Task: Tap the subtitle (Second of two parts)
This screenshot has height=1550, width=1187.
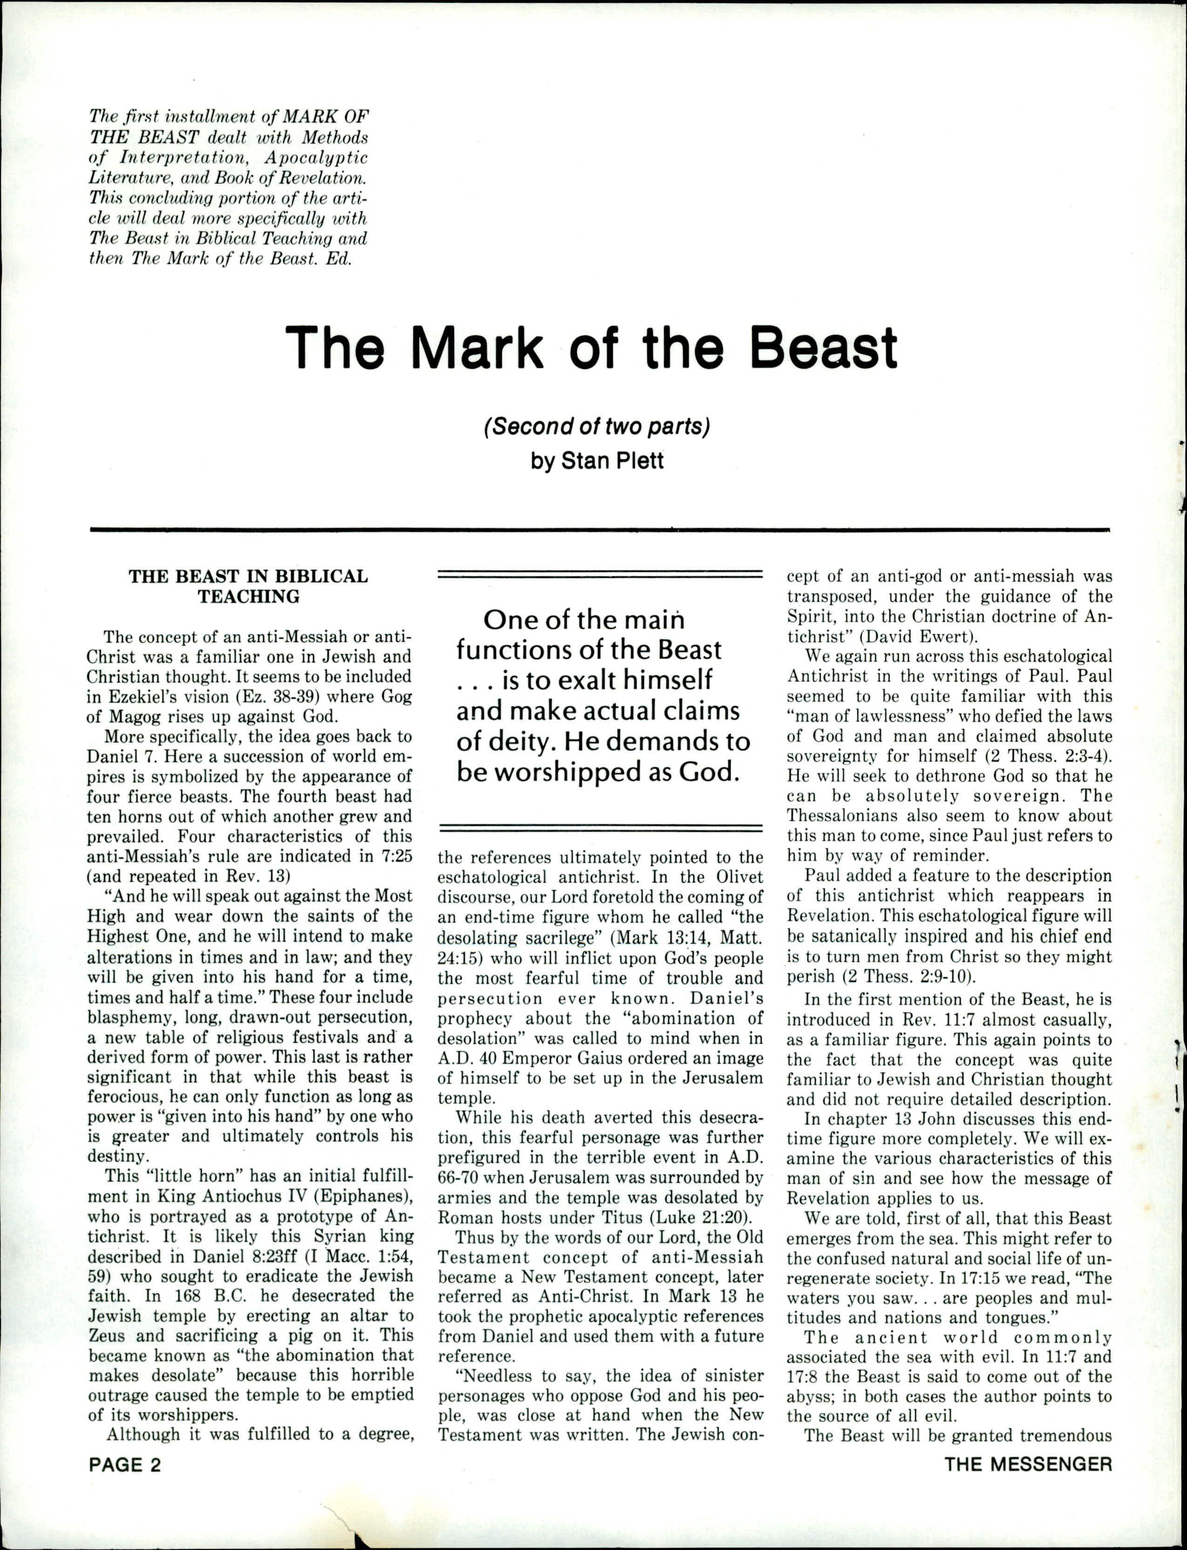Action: [x=597, y=428]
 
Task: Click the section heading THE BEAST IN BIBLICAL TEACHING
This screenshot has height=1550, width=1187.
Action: [x=248, y=586]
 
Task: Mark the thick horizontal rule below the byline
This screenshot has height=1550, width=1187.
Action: [x=600, y=529]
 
